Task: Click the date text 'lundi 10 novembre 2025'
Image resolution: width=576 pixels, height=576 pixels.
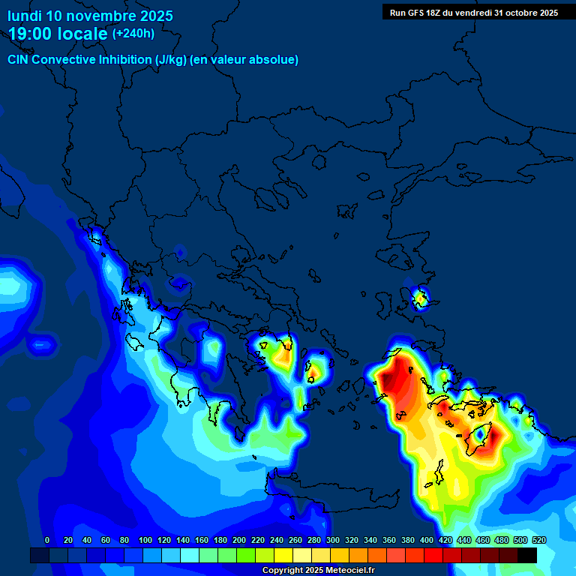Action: tap(90, 16)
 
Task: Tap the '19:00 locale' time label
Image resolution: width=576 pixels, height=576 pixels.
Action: tap(58, 34)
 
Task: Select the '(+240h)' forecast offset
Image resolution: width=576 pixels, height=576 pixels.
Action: tap(133, 34)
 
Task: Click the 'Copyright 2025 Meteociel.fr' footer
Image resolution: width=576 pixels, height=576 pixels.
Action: tap(318, 571)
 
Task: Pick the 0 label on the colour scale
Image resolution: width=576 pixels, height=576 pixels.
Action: tap(47, 540)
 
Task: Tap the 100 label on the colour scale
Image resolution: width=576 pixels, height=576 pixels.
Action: tap(145, 540)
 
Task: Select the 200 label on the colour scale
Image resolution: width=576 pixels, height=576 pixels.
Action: tap(239, 540)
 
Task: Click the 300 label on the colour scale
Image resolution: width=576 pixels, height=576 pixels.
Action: tap(333, 540)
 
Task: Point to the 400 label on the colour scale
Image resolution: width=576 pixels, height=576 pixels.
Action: tap(427, 540)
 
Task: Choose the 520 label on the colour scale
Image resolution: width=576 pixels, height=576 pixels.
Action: tap(538, 540)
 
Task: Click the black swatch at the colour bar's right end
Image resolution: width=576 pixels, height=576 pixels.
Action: tap(527, 555)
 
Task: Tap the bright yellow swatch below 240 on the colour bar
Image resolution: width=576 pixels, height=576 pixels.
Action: tap(283, 555)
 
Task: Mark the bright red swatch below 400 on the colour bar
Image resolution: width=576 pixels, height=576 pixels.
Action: tap(433, 555)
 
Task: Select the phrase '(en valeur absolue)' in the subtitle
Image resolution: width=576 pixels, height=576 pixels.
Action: tap(244, 60)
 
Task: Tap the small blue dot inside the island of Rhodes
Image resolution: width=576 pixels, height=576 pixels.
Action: tap(481, 434)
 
